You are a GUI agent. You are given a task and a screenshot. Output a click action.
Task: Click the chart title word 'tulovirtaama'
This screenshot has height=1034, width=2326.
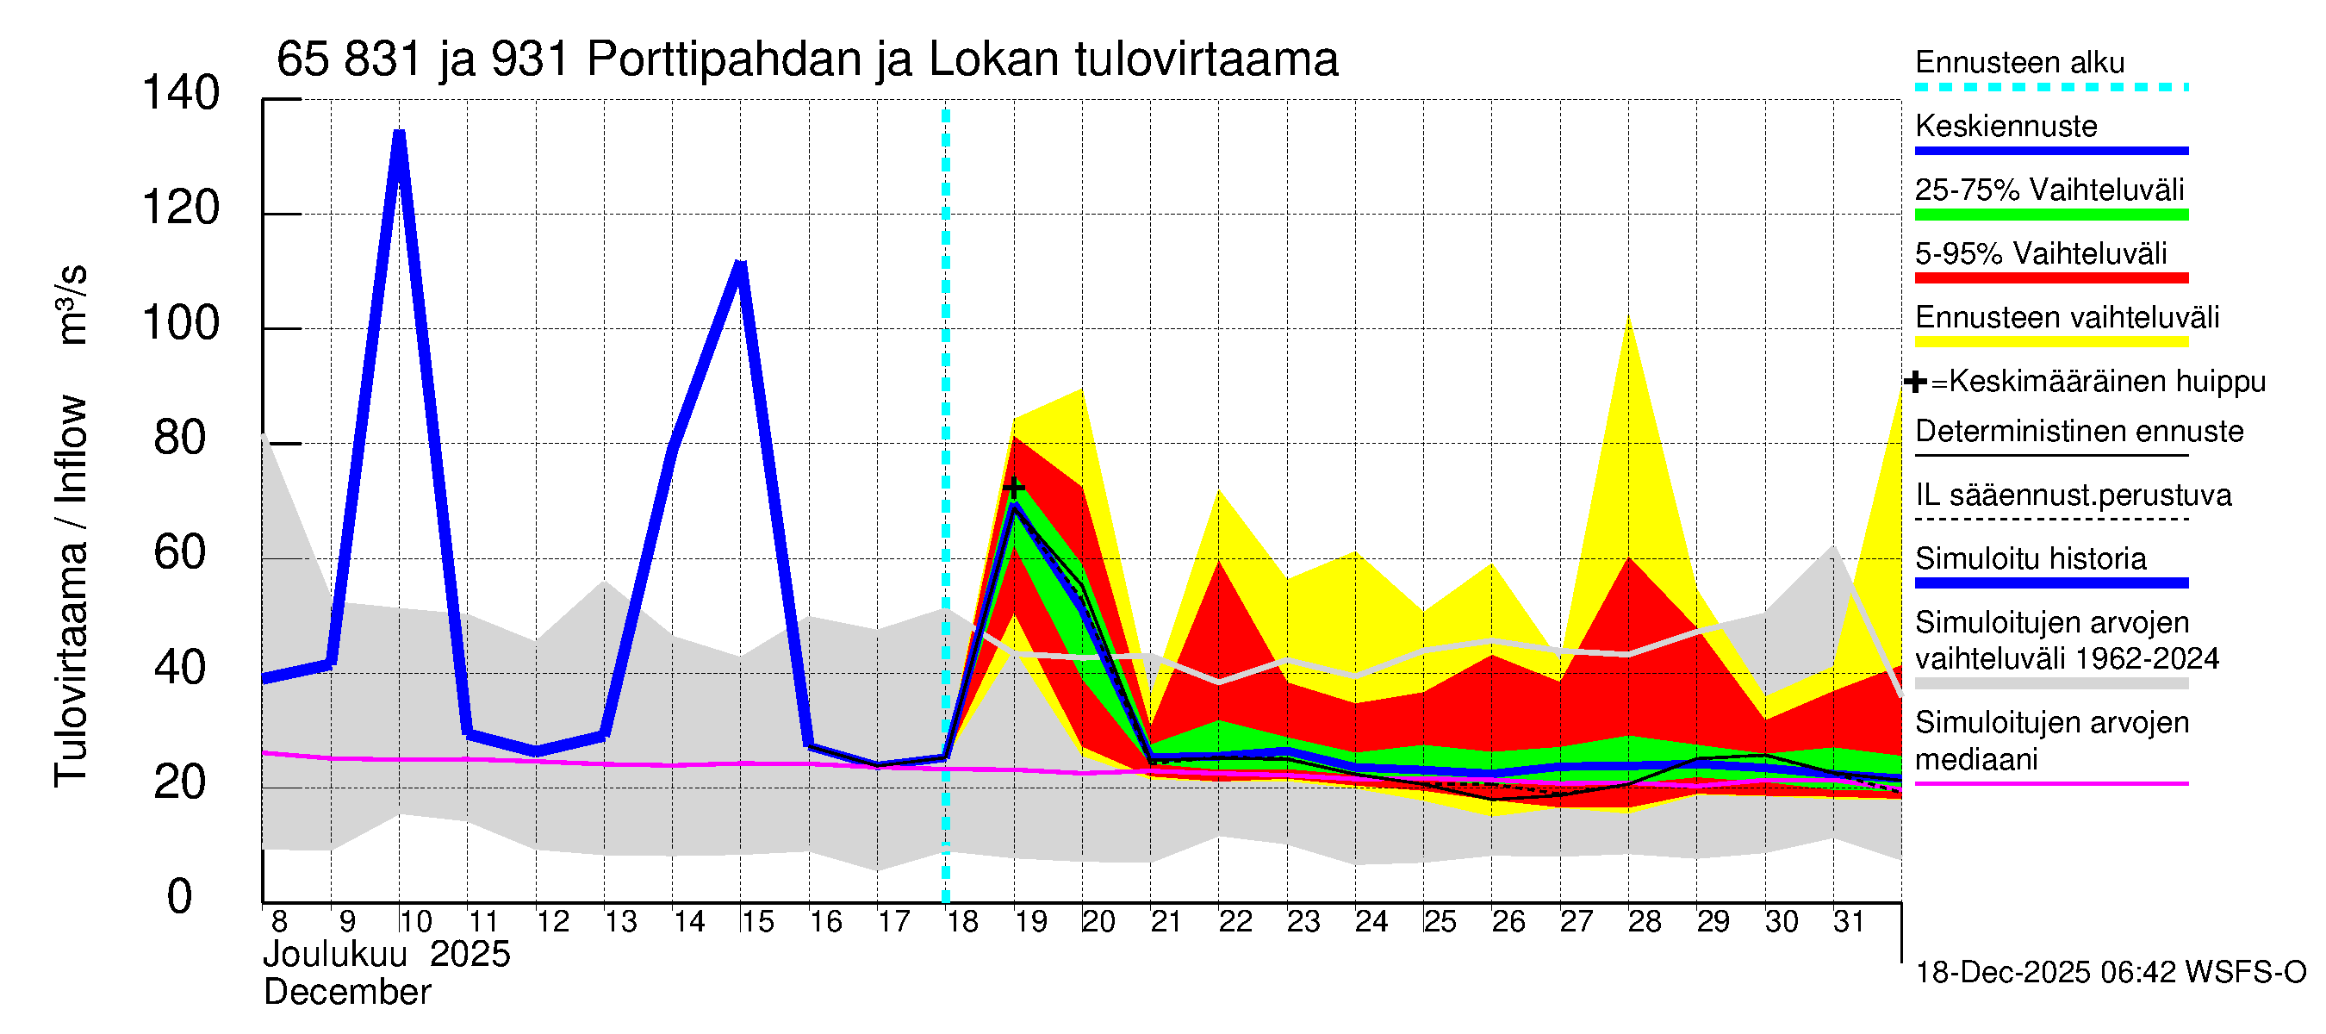1205,59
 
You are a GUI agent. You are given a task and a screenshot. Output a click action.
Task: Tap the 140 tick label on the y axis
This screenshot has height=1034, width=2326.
181,93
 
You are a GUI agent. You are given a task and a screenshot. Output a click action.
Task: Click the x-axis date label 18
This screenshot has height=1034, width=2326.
962,921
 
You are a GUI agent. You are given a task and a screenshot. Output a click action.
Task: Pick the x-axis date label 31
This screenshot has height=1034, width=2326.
1849,921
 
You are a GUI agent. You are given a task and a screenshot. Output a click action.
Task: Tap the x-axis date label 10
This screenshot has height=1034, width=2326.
415,921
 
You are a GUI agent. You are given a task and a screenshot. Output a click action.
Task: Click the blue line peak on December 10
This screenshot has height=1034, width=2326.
399,134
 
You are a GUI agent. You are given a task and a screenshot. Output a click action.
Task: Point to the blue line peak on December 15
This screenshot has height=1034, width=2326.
740,264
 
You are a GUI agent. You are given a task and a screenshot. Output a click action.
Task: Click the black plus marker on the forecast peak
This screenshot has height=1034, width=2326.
1013,487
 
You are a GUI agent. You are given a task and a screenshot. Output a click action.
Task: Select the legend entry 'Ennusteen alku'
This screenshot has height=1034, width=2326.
2019,63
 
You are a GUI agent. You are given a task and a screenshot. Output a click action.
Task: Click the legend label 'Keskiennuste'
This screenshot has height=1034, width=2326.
2006,127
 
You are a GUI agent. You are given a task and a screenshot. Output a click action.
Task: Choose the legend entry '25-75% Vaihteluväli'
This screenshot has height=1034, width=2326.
2049,190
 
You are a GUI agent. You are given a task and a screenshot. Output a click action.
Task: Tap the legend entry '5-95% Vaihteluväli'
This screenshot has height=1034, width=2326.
2041,253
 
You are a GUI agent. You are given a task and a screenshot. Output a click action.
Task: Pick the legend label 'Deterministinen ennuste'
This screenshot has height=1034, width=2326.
2079,431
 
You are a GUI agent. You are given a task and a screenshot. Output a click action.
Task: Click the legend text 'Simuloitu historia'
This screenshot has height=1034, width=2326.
2030,558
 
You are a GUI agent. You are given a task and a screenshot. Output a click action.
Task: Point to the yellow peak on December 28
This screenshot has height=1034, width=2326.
1628,318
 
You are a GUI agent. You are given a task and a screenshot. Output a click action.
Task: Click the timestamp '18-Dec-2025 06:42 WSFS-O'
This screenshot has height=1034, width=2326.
2110,972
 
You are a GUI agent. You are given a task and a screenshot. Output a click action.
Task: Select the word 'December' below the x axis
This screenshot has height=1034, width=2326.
346,992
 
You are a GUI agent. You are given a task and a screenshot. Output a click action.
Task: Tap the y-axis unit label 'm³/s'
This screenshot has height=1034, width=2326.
72,304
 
